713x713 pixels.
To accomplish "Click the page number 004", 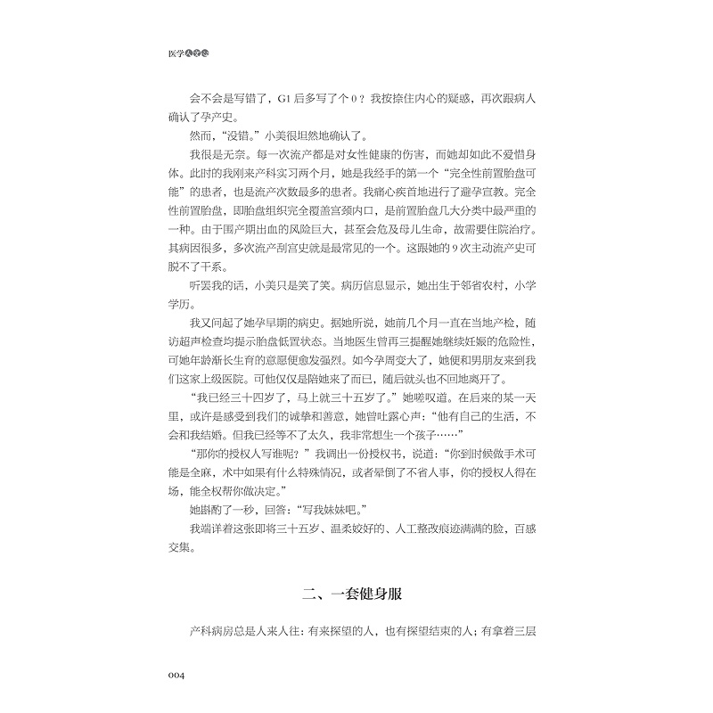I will coord(169,676).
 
